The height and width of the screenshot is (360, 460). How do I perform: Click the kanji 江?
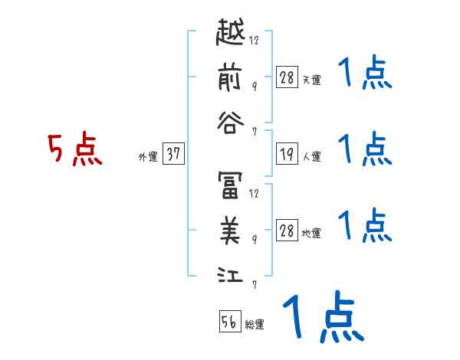point(229,271)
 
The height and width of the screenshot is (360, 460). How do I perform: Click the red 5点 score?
point(75,152)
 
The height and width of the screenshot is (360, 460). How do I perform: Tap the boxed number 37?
point(173,155)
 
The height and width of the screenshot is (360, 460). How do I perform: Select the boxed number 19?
point(287,155)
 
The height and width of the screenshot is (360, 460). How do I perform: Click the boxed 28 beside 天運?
point(287,77)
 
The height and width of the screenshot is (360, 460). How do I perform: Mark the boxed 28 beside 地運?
point(287,231)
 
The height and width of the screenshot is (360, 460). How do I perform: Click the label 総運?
point(255,325)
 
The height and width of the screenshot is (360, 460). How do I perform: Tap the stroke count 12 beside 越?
point(255,41)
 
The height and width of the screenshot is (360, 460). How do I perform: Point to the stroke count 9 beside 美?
point(255,239)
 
